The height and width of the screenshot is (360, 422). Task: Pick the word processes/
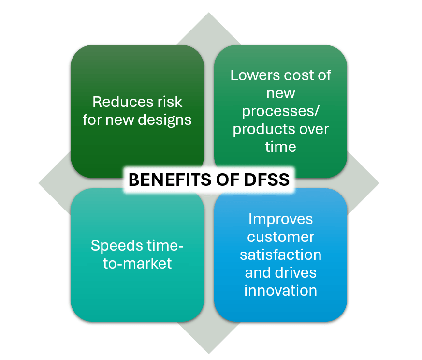[x=280, y=111]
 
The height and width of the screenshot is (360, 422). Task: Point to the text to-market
[x=137, y=264]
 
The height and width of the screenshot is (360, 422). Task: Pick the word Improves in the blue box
[x=280, y=219]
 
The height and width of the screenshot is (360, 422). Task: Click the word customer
[x=280, y=237]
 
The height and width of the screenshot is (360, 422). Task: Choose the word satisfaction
[x=280, y=255]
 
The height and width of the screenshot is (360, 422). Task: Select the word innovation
[x=280, y=290]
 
